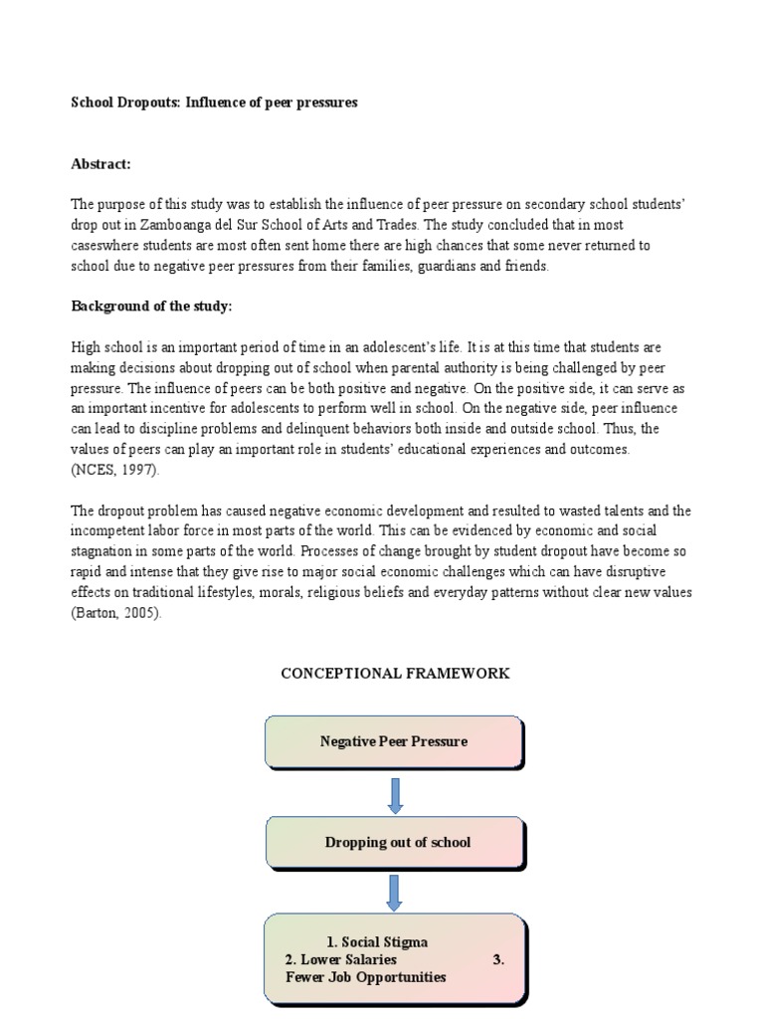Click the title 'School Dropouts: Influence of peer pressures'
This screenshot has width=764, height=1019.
[x=214, y=102]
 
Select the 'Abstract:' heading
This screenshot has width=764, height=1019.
[x=100, y=164]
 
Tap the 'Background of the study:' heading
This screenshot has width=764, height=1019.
[x=151, y=306]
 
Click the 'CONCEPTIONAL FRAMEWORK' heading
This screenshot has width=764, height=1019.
[x=395, y=674]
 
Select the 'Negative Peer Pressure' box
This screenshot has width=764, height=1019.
[x=393, y=741]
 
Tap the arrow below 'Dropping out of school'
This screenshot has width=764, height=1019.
[x=394, y=893]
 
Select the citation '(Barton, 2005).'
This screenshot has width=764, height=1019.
[x=115, y=613]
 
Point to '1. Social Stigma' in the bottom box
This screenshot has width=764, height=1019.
[x=377, y=941]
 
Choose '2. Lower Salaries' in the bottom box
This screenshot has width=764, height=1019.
[x=340, y=959]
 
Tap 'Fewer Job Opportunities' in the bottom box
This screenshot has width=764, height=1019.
[x=365, y=977]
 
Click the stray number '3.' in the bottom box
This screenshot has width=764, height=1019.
[x=498, y=959]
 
